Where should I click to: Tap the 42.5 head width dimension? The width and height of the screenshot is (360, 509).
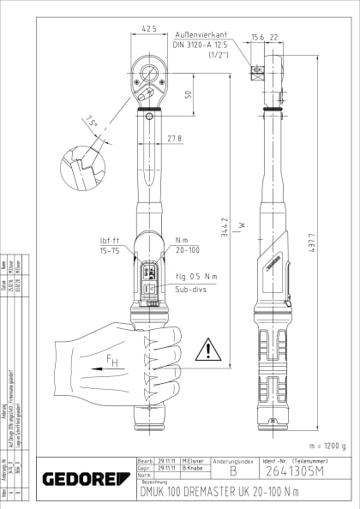tap(150, 28)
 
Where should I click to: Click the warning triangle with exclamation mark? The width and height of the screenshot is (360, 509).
tap(207, 350)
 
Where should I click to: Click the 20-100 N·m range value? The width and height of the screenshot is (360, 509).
tap(187, 251)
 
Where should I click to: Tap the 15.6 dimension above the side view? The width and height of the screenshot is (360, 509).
tap(257, 37)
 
